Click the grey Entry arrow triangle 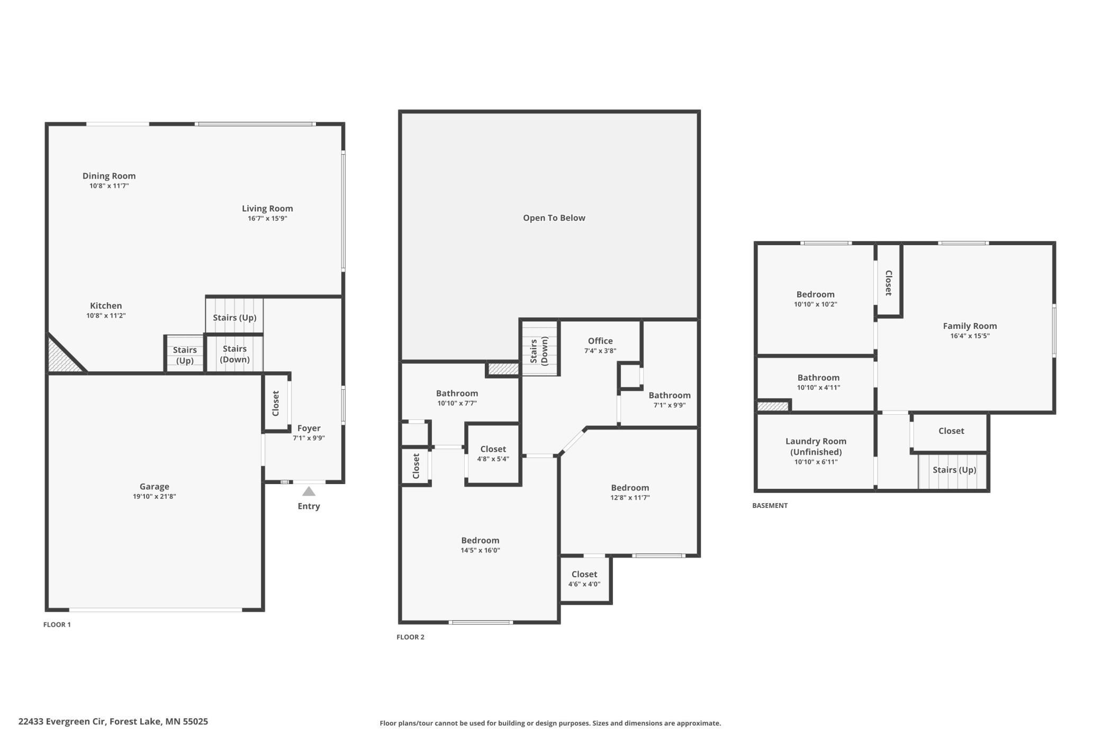click(309, 491)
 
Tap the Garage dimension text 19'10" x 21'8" click(154, 497)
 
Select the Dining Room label click(109, 176)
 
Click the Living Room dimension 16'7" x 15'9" click(267, 219)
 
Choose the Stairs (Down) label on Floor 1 click(234, 354)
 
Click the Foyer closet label click(275, 403)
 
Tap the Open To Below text click(554, 218)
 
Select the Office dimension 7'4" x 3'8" click(600, 351)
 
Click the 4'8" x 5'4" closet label click(493, 454)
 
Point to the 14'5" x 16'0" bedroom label click(480, 545)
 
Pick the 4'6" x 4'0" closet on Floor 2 click(584, 579)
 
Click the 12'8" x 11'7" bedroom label click(630, 493)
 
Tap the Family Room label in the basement click(969, 326)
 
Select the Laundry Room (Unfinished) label click(816, 446)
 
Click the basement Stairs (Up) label click(954, 470)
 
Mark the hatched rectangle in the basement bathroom click(773, 406)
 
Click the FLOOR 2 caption click(410, 637)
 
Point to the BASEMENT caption click(770, 506)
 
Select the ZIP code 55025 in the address click(195, 721)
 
